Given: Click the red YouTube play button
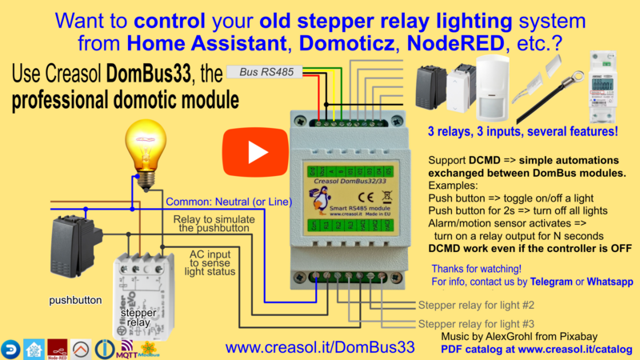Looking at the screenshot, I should [247, 151].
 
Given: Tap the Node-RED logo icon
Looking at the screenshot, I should [58, 347].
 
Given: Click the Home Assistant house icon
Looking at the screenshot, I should [34, 347].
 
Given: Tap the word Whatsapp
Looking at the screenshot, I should [610, 282].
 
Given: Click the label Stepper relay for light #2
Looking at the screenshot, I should [476, 306].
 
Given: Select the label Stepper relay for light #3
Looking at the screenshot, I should [476, 322].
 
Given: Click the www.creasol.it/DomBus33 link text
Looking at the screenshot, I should [320, 347].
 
